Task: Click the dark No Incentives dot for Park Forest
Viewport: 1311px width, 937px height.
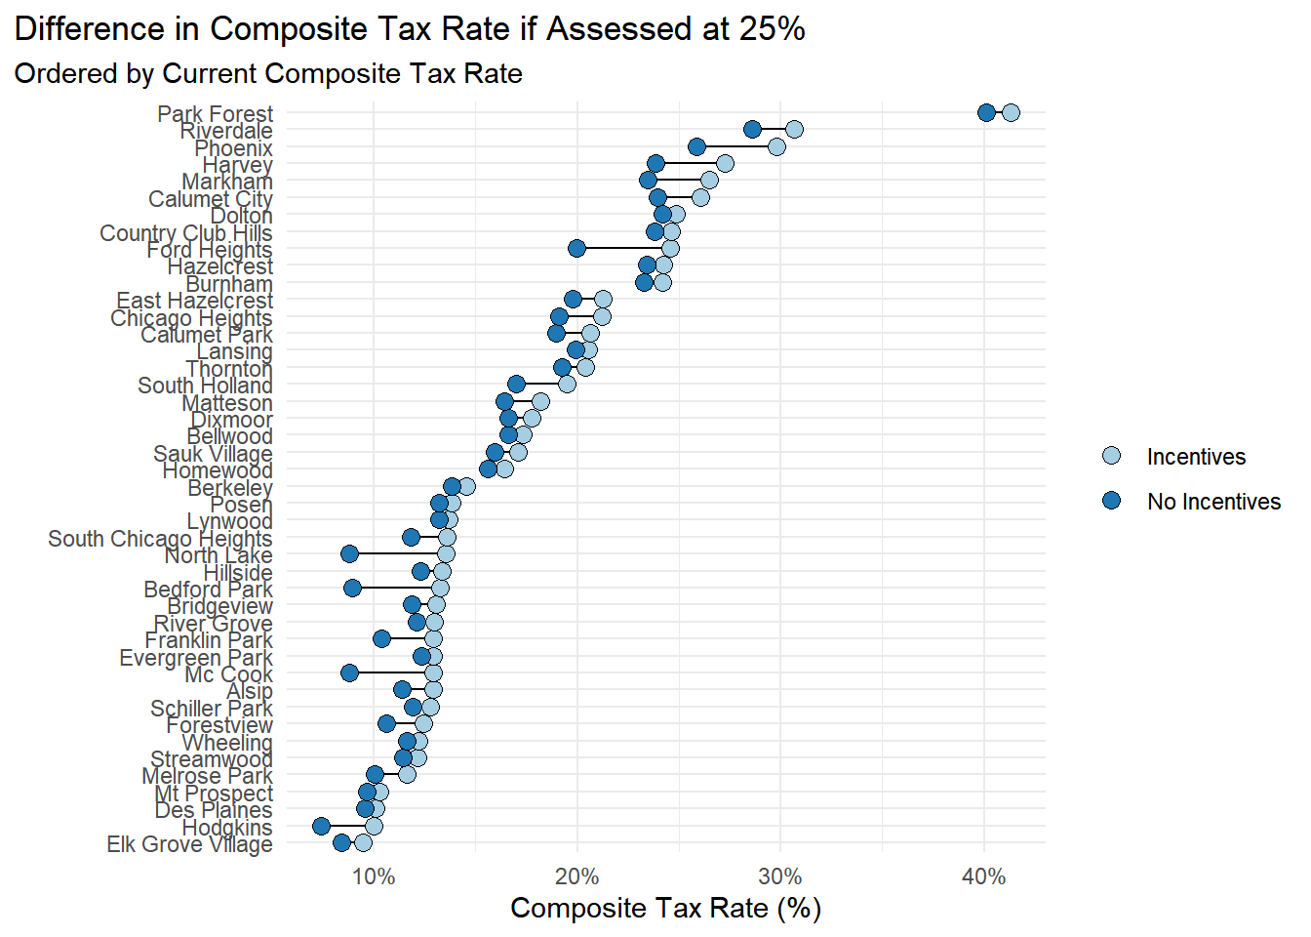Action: pos(986,112)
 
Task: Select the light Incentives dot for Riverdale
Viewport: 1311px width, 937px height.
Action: pos(794,129)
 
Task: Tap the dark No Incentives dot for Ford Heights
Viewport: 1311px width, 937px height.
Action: pos(576,248)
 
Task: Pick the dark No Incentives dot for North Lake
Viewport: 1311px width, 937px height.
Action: pos(349,553)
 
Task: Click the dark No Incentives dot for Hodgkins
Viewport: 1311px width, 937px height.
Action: pos(321,826)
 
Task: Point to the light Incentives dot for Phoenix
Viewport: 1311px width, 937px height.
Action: pos(776,146)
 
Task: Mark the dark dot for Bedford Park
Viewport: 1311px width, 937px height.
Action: pos(352,588)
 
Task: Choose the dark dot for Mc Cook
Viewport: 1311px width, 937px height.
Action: pos(349,672)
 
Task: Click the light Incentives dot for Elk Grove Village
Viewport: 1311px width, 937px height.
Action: pos(363,842)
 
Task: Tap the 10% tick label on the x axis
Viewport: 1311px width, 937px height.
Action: pos(374,876)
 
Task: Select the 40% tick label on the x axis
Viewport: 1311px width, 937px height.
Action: pos(983,876)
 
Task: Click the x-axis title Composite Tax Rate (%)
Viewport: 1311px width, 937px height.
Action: pos(665,909)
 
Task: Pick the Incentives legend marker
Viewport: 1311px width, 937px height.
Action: pos(1111,456)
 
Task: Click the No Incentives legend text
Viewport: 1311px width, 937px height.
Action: pos(1213,502)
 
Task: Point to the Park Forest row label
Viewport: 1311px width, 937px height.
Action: pos(215,114)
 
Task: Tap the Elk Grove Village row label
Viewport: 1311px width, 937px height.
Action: pos(189,844)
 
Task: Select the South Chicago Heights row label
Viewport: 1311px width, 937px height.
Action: pos(160,539)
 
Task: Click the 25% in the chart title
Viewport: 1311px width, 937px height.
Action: pos(772,29)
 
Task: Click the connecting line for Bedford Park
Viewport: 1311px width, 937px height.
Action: pos(396,588)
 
